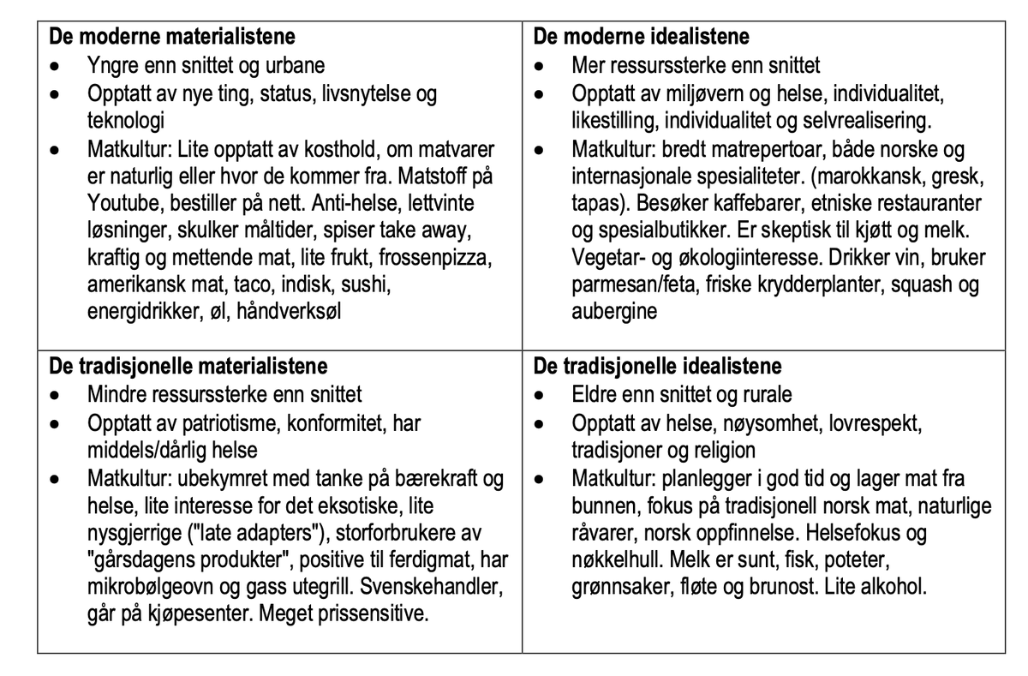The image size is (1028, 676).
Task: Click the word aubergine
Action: point(614,311)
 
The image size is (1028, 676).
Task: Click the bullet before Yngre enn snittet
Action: point(56,65)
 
